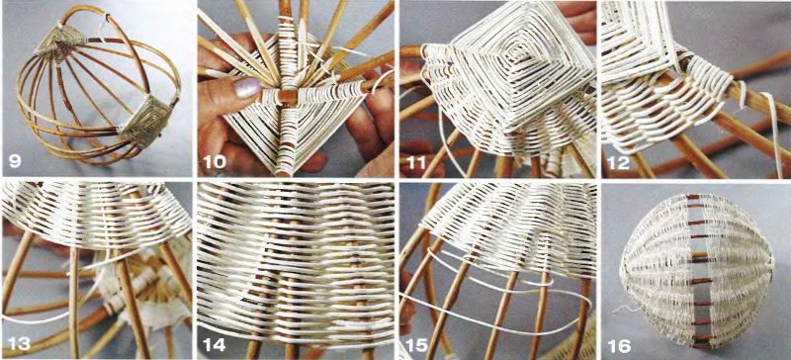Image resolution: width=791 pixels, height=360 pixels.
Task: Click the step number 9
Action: click(15, 162)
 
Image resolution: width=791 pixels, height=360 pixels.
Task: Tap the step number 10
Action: click(215, 162)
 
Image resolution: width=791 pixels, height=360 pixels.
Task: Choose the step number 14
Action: click(215, 344)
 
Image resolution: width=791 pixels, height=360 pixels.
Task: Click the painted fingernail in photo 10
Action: click(245, 88)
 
